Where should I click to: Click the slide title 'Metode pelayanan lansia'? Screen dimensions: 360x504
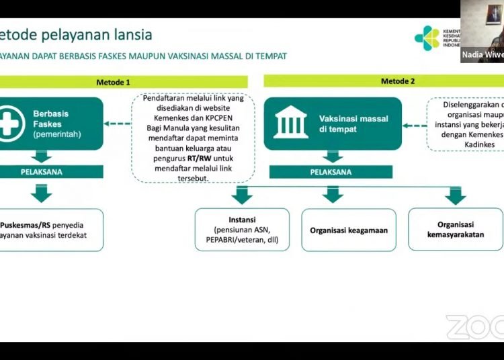coord(75,34)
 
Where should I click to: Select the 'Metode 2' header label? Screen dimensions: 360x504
coord(398,81)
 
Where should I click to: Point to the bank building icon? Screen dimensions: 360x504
coord(291,124)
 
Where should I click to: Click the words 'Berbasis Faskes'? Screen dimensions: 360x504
coord(51,119)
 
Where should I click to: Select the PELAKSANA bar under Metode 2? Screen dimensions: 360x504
coord(331,172)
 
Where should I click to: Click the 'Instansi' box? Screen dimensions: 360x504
coord(242,230)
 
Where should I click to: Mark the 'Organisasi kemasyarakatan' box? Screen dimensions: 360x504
coord(455,230)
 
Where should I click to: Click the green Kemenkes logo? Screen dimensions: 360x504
coord(426,38)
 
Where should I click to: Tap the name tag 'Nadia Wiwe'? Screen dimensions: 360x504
coord(482,54)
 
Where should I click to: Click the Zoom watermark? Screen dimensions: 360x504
coord(474,327)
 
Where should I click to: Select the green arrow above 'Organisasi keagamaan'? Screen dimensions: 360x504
coord(332,195)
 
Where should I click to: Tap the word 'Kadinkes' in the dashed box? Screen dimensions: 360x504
coord(478,144)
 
